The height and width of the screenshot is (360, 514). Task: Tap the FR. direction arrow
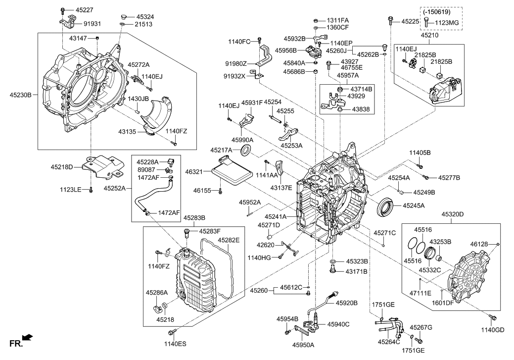28,338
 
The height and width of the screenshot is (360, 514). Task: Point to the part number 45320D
453,215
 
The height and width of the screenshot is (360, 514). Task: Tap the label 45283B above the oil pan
194,217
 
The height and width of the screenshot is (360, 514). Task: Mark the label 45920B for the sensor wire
347,303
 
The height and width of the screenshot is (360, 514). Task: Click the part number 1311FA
337,20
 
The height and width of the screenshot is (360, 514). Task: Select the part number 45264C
389,341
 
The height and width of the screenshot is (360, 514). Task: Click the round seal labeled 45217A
245,150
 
